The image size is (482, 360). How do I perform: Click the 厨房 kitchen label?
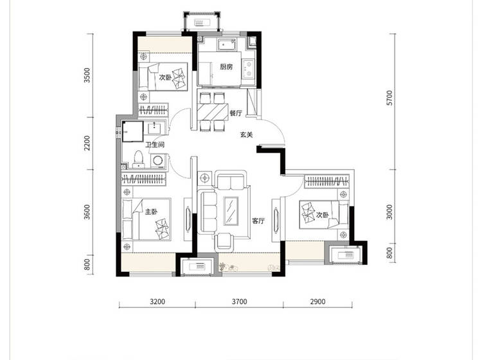226,67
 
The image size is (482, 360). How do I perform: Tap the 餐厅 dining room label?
236,113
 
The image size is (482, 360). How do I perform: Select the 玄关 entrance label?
247,134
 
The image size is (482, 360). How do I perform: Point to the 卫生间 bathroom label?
155,145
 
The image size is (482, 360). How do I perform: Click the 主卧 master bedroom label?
151,212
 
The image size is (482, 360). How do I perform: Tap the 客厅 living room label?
258,221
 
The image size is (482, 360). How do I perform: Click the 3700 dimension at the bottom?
239,301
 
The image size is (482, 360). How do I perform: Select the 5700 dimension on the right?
389,98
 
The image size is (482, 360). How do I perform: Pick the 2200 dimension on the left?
87,143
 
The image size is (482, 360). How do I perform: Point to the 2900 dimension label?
317,301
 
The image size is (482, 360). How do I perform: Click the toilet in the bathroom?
139,159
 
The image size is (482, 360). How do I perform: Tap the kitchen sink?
227,44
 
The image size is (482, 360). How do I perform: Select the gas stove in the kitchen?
248,69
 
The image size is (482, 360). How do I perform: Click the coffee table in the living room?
231,211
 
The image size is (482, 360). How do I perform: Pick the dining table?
212,113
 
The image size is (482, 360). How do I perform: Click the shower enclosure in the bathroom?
133,131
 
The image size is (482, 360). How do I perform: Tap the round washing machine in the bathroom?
158,161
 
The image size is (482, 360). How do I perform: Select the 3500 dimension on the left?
87,75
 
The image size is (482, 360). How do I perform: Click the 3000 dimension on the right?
389,212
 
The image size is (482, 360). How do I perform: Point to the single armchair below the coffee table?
224,241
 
